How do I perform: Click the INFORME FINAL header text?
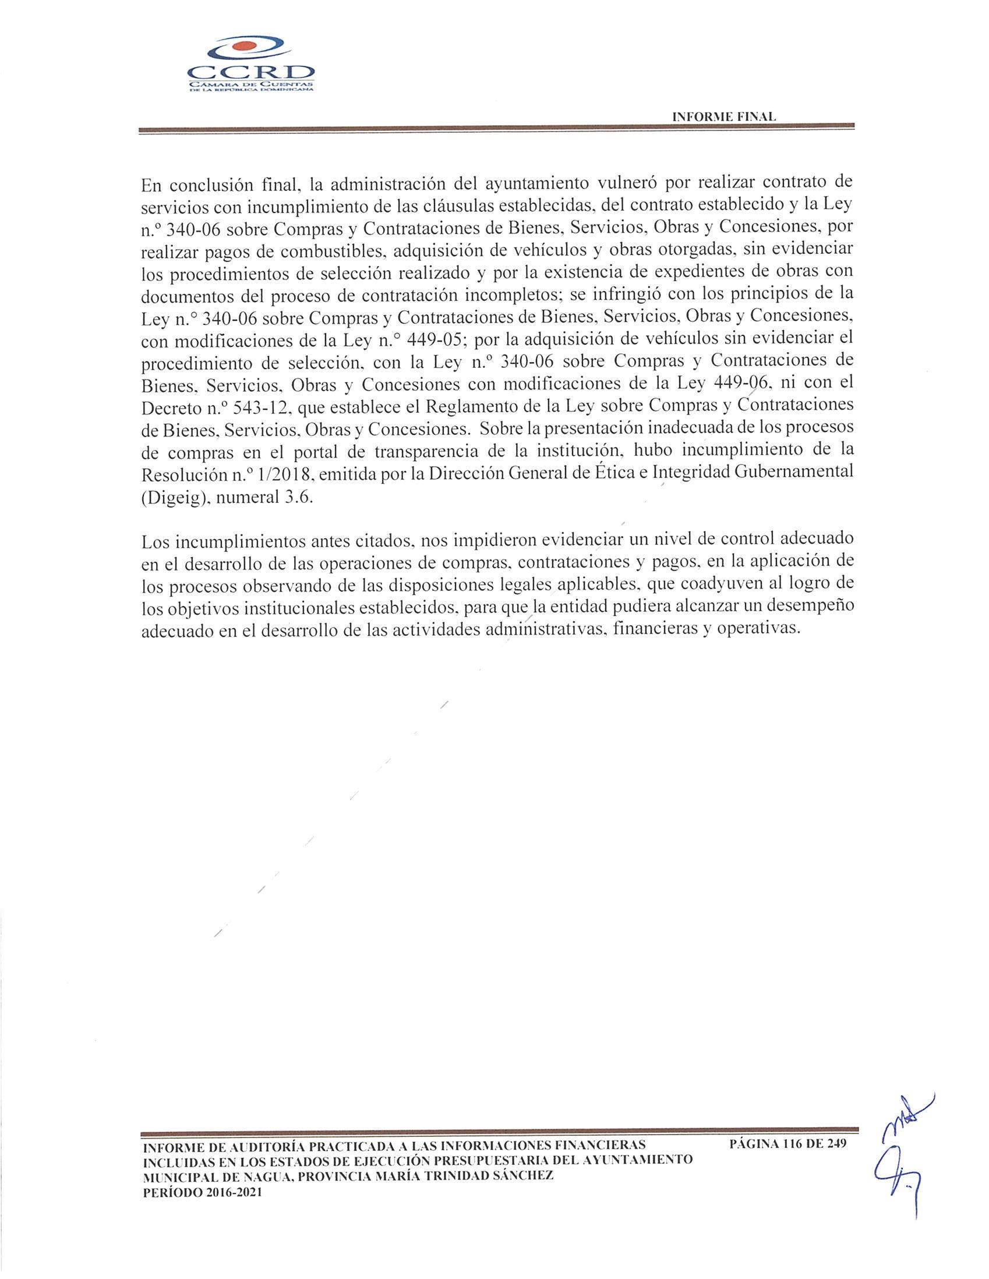724,117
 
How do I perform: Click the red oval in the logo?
249,46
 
